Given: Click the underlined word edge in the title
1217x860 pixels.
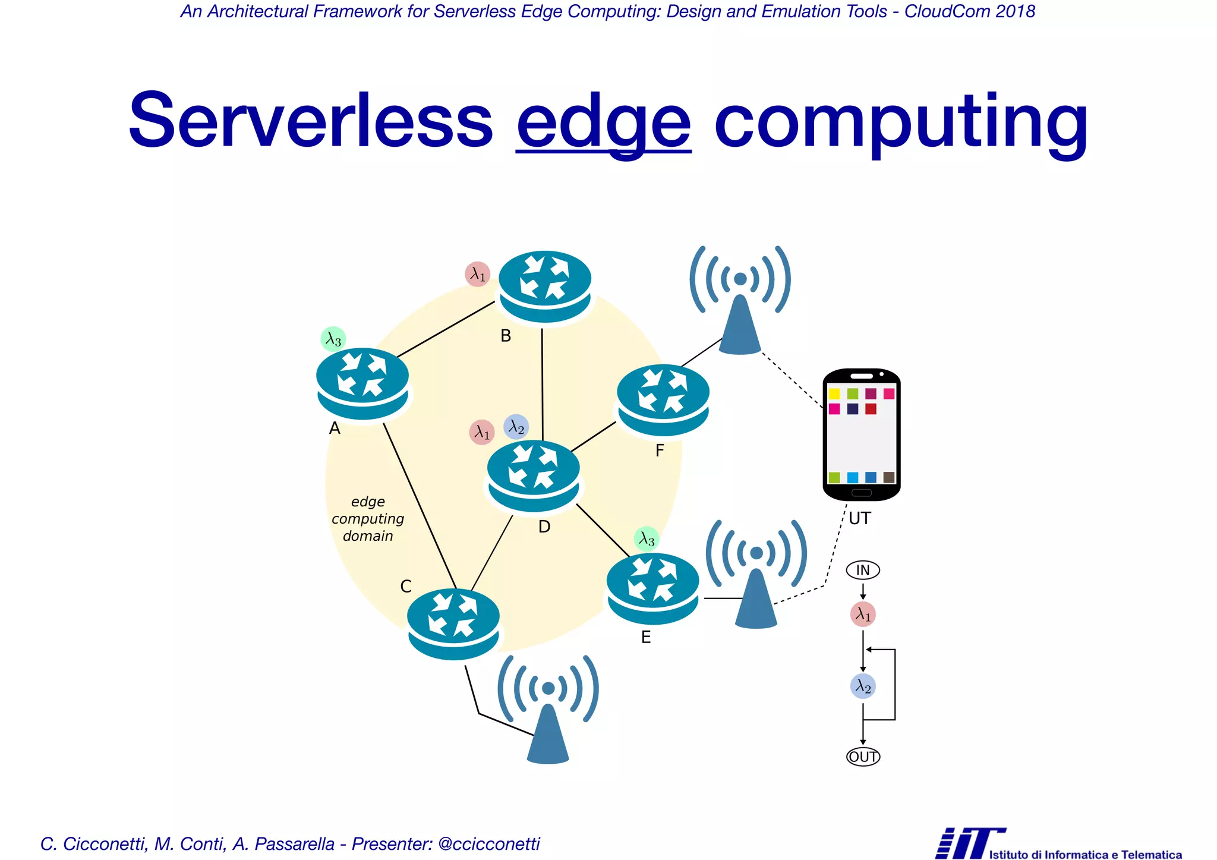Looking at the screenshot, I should [x=603, y=122].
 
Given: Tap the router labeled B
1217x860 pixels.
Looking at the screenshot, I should [x=545, y=286].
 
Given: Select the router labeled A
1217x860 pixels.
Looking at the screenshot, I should [x=362, y=383].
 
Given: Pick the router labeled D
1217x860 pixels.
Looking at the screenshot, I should [x=534, y=475].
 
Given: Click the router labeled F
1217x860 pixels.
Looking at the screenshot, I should [x=663, y=400].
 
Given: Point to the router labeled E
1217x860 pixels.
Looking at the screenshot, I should [x=652, y=588].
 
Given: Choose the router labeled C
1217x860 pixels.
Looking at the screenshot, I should [x=453, y=623].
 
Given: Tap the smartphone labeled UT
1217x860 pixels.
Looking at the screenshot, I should [x=862, y=434].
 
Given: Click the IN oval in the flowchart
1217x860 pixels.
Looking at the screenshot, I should [x=863, y=571].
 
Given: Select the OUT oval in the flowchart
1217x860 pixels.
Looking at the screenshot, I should [x=863, y=757].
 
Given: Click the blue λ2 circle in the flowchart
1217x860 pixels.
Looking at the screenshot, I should [x=863, y=686].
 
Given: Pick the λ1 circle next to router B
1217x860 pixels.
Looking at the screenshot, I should [x=477, y=274].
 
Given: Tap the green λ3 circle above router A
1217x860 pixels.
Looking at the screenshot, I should [x=333, y=339].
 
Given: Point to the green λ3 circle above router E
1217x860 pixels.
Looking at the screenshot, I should [x=647, y=539].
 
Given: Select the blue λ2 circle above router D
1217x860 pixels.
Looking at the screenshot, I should [x=516, y=427].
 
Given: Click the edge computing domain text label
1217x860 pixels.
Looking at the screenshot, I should [x=368, y=519].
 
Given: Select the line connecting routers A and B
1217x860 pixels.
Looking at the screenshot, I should [x=446, y=330].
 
